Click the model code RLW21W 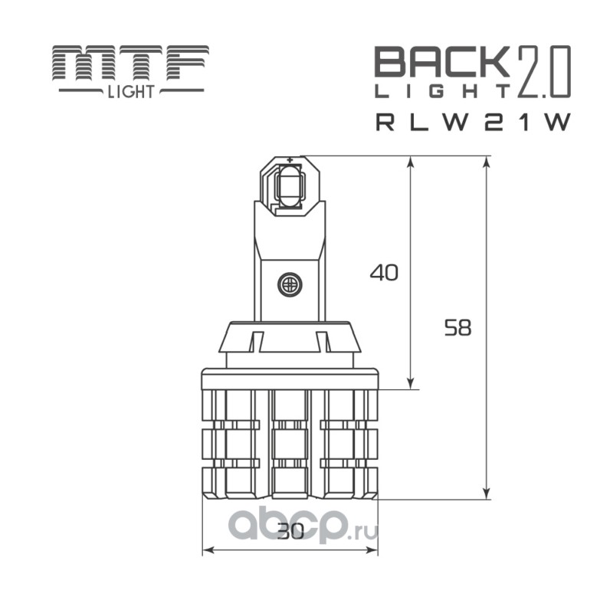pos(473,123)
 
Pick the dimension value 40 pos(384,272)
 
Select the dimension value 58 pos(457,328)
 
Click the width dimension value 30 pos(290,531)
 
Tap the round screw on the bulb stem pos(290,284)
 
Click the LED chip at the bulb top pos(289,185)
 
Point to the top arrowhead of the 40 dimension pos(412,162)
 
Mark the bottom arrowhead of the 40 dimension pos(412,383)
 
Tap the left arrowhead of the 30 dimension pos(207,549)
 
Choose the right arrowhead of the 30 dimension pos(373,549)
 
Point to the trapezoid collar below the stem pos(290,343)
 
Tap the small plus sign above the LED pos(290,160)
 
